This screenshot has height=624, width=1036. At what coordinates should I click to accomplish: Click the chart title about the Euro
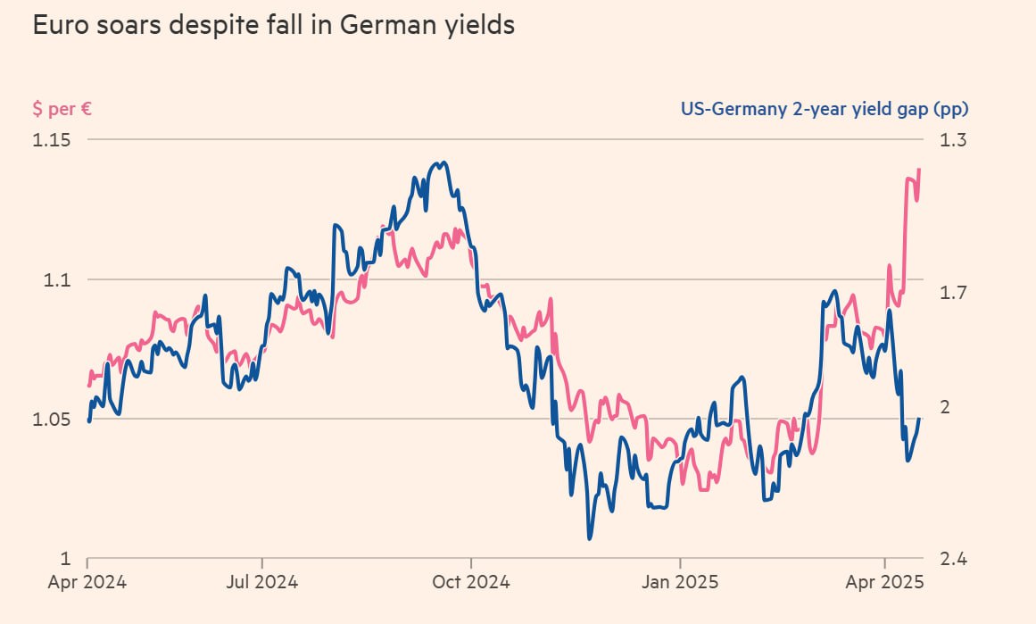click(273, 25)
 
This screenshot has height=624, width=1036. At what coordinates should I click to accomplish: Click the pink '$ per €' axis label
click(62, 110)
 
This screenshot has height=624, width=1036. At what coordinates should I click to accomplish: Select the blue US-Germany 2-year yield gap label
click(824, 110)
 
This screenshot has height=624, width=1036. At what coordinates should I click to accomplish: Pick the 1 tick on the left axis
click(66, 559)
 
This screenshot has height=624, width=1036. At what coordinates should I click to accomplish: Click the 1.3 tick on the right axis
click(953, 140)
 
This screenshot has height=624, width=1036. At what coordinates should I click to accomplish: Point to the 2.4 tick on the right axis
click(953, 559)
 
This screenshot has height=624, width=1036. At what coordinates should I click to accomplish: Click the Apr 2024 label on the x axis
click(87, 583)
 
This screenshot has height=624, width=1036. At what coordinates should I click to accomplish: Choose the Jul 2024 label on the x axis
click(262, 583)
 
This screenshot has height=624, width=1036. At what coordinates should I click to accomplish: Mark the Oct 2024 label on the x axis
click(471, 583)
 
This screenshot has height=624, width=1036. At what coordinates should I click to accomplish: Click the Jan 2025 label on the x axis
click(680, 583)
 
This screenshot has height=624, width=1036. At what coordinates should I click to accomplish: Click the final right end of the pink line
click(919, 170)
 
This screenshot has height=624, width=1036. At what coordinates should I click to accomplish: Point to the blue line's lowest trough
click(589, 538)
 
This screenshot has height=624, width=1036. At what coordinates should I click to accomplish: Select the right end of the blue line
click(919, 419)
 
